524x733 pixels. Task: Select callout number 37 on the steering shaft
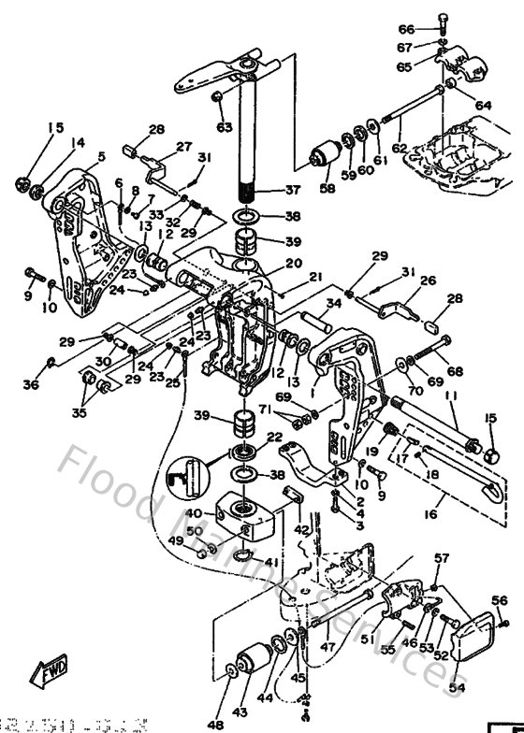point(293,190)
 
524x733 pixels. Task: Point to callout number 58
point(327,189)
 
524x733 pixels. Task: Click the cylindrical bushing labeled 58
point(327,157)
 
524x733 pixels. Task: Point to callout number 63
point(224,126)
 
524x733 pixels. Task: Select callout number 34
point(333,303)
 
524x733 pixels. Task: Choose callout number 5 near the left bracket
point(101,156)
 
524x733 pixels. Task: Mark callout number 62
point(400,147)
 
